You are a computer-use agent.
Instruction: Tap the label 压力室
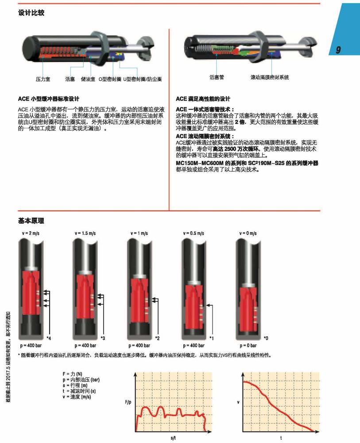(x=43, y=79)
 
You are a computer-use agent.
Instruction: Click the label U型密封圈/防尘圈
(x=142, y=79)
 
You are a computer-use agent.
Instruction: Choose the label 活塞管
(x=217, y=78)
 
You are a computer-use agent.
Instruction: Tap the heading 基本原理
(x=31, y=221)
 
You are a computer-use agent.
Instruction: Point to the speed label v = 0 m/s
(x=248, y=233)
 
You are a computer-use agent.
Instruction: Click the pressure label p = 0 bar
(x=249, y=345)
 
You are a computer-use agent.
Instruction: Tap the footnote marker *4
(x=49, y=339)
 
